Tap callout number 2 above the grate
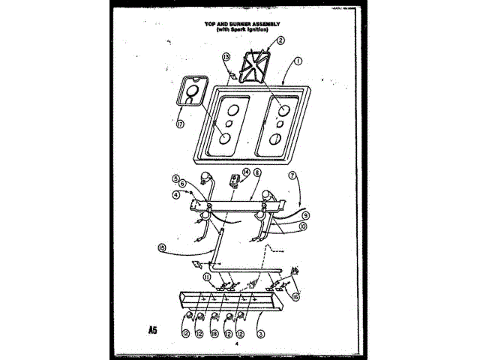[280, 42]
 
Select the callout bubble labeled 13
[226, 57]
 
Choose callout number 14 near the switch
[247, 172]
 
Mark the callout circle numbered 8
[257, 172]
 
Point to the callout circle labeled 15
[161, 247]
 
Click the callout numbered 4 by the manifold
[177, 193]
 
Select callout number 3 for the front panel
[260, 334]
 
